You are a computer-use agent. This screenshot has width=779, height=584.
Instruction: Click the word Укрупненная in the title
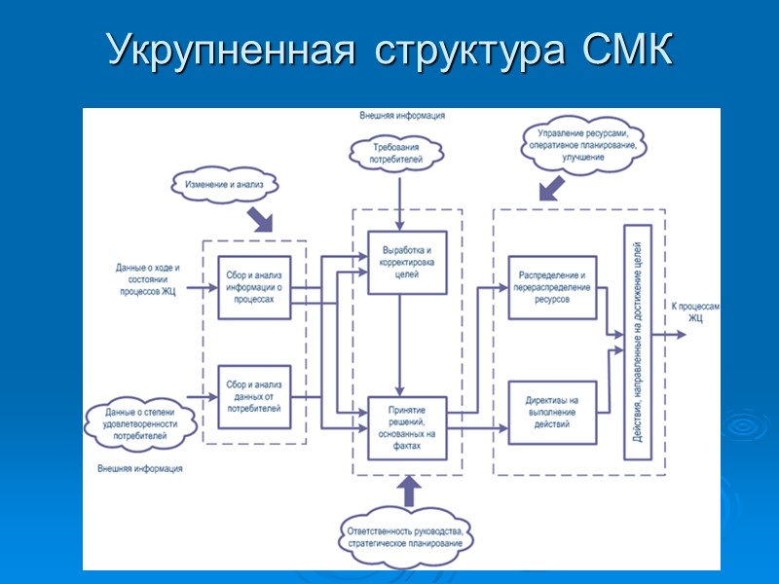tap(228, 51)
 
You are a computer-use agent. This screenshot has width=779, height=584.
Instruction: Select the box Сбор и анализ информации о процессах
tap(254, 287)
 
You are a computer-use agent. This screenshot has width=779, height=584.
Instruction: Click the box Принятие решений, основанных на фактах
tap(407, 427)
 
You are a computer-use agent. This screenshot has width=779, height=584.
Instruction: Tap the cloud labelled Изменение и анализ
tap(225, 182)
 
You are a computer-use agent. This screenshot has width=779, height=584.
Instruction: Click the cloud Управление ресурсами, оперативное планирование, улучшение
tap(581, 147)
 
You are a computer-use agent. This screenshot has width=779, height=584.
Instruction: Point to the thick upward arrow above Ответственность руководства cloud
tap(408, 492)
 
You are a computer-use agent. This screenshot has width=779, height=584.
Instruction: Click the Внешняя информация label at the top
tap(402, 115)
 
